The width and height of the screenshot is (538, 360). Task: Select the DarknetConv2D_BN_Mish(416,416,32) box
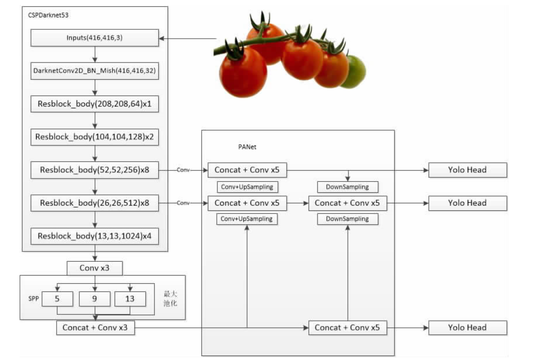(95, 70)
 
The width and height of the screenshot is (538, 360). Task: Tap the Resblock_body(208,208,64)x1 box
(95, 103)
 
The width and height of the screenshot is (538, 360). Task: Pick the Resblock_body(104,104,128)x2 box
(95, 137)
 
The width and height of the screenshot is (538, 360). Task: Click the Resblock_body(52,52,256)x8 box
(95, 170)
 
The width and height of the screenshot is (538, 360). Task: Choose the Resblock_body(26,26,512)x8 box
(95, 203)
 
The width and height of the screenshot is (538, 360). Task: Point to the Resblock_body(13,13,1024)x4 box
(95, 236)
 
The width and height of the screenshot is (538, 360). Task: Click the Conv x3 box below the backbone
(95, 268)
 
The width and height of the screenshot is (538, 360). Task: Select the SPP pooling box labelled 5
(57, 299)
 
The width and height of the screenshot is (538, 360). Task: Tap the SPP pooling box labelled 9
(94, 299)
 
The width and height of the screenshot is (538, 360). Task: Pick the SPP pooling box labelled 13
(130, 299)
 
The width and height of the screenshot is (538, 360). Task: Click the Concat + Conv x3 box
(95, 328)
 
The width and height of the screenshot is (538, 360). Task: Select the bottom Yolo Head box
(467, 328)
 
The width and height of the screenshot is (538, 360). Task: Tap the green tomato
(354, 72)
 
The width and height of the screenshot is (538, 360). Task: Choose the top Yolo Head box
(467, 170)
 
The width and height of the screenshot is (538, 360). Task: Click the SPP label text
(34, 299)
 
